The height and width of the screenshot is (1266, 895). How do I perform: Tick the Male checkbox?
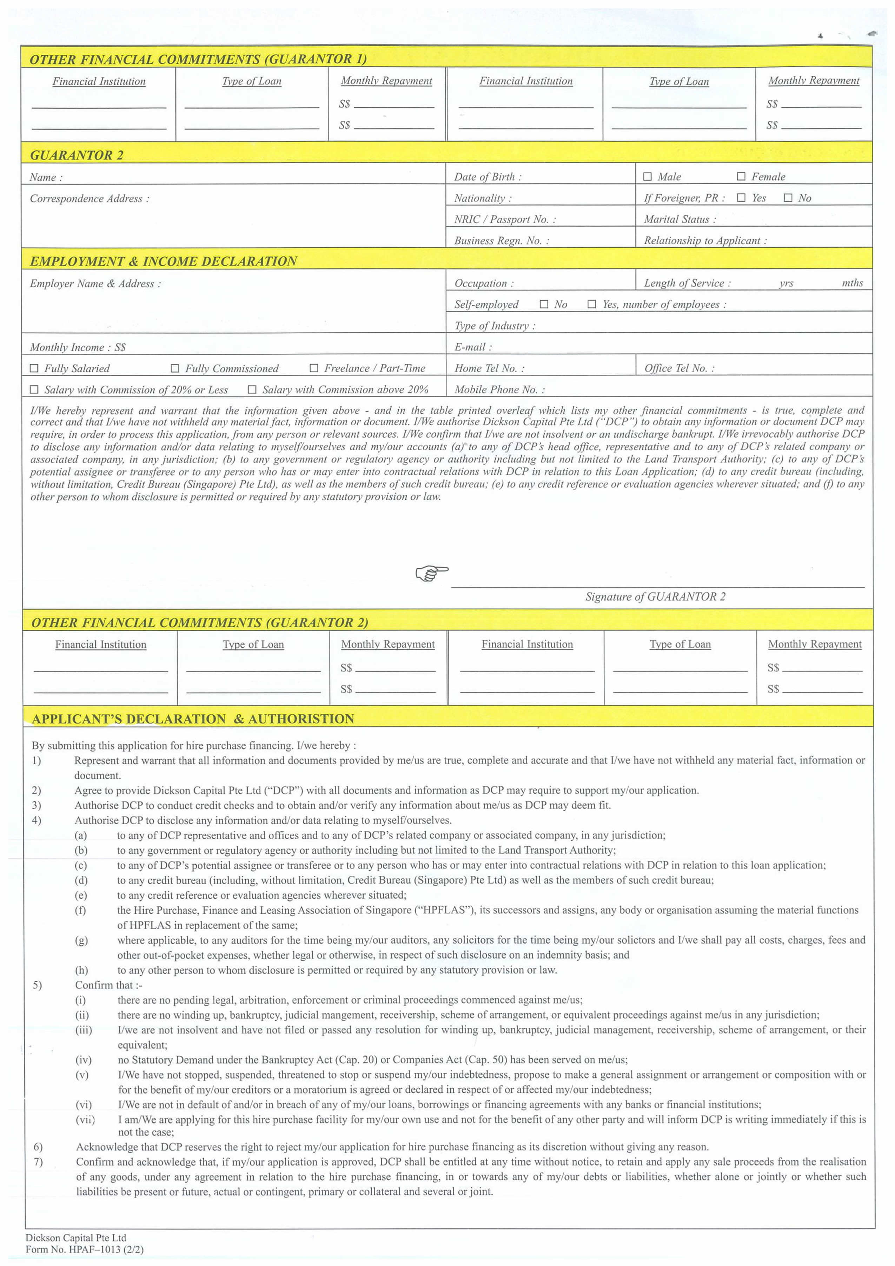point(648,176)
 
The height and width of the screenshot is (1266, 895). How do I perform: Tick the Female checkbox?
point(741,176)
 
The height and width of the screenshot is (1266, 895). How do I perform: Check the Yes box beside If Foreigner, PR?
point(741,198)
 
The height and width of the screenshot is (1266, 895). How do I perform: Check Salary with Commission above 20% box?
point(252,389)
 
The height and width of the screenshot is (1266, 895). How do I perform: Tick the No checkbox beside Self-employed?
point(544,304)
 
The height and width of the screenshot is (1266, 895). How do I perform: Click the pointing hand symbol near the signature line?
point(431,573)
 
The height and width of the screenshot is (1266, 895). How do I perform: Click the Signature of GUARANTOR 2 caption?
point(655,597)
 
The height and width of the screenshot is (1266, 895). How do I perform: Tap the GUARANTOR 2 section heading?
point(77,155)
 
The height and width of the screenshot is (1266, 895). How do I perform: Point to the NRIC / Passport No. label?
point(505,219)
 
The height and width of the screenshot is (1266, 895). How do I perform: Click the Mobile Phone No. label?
point(499,389)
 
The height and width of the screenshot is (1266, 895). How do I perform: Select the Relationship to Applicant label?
point(705,240)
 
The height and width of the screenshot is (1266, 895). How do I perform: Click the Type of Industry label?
point(494,326)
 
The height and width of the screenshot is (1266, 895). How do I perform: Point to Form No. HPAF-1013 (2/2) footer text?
point(84,1250)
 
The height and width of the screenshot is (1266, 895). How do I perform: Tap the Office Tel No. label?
point(679,368)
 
